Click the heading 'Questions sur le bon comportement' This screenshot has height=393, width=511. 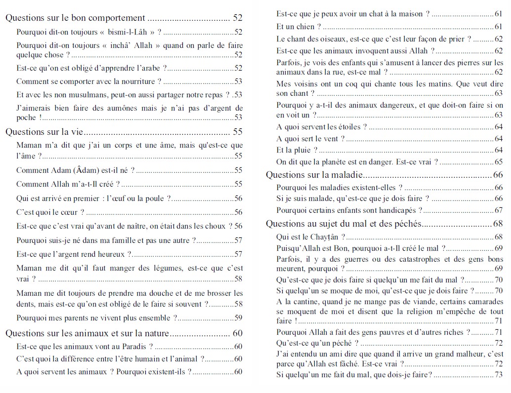click(75, 18)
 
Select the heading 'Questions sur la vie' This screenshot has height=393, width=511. click(43, 132)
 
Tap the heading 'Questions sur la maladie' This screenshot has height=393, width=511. click(315, 175)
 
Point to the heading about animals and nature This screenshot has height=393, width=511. click(87, 333)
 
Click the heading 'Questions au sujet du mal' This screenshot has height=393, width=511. click(343, 224)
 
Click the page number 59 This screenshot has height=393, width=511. click(238, 318)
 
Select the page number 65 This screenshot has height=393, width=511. click(498, 162)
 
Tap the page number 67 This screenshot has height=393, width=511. click(498, 210)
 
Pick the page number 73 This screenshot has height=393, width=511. click(498, 375)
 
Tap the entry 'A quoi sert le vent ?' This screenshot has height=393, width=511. click(310, 139)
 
